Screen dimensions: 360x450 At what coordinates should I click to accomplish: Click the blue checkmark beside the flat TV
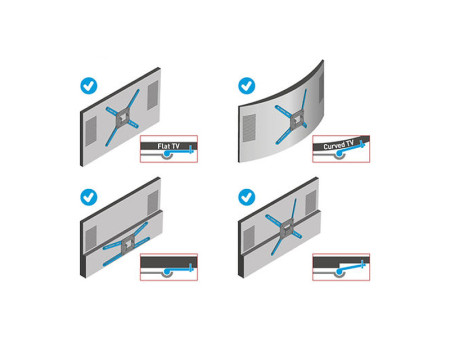[x=88, y=87]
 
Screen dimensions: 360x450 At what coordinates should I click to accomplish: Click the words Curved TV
[x=340, y=148]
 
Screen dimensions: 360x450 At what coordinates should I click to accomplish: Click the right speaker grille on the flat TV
[x=152, y=97]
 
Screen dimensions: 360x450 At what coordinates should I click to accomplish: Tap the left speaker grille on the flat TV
[x=89, y=129]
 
